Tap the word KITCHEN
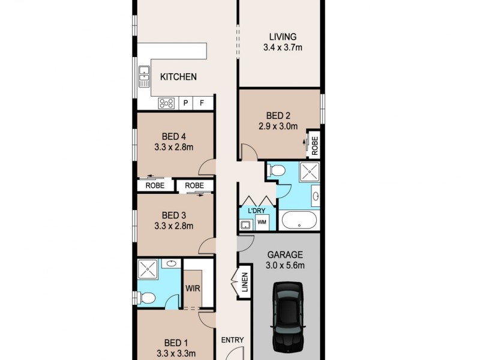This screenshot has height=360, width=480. pyautogui.click(x=178, y=77)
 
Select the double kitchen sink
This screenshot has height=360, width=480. pyautogui.click(x=144, y=75)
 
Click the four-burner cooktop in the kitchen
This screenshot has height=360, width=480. pyautogui.click(x=167, y=103)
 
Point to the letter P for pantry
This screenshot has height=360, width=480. pyautogui.click(x=186, y=103)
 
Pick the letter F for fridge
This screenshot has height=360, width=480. pyautogui.click(x=202, y=103)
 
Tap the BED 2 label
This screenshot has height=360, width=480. pyautogui.click(x=278, y=116)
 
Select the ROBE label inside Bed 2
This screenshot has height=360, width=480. pyautogui.click(x=314, y=145)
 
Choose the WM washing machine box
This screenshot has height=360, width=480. pyautogui.click(x=262, y=223)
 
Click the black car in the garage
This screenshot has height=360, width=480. pyautogui.click(x=290, y=317)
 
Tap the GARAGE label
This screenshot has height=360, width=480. pyautogui.click(x=285, y=254)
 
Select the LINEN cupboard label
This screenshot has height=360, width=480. pyautogui.click(x=244, y=283)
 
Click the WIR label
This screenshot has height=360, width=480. pyautogui.click(x=193, y=288)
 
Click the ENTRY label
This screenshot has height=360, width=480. pyautogui.click(x=233, y=340)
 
